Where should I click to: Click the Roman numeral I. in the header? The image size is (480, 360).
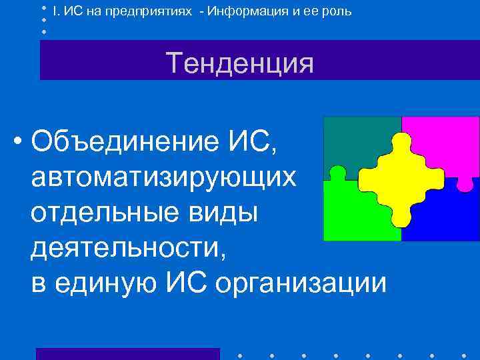(55, 11)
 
